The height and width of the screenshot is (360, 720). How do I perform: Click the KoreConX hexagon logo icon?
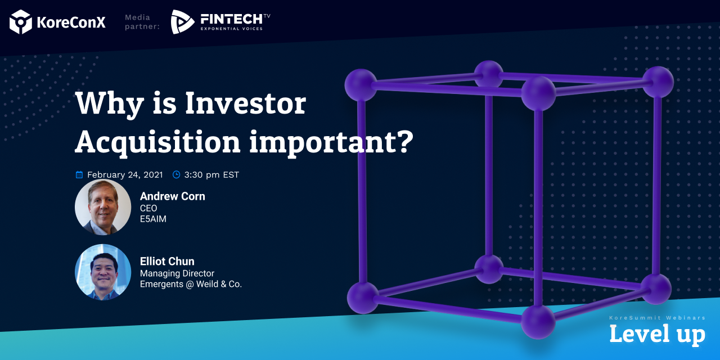21,22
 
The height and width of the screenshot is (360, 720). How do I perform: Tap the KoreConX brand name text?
71,22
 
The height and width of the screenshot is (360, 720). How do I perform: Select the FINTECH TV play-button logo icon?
182,22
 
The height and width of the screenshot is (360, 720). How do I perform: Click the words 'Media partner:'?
142,22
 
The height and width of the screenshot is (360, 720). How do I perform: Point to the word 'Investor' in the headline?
246,103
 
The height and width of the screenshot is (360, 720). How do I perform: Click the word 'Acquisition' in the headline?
158,142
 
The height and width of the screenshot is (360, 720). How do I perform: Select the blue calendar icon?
79,174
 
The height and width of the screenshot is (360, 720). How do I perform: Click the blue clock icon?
176,174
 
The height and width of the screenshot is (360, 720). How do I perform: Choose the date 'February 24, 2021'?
125,175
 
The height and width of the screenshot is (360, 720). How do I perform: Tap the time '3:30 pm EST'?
211,175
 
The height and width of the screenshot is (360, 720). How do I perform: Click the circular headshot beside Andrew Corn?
103,207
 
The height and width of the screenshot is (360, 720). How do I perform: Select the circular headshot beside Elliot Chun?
103,272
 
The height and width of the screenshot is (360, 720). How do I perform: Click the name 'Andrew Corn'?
173,196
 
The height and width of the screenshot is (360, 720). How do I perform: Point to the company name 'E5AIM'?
154,219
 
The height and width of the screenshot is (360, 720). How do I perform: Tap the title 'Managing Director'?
177,273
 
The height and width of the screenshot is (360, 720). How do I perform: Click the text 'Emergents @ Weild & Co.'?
191,284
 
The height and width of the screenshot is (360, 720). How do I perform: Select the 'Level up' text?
658,334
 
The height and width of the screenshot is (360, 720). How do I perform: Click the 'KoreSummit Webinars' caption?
658,318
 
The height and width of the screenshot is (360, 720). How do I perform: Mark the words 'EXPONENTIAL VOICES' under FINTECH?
232,29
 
